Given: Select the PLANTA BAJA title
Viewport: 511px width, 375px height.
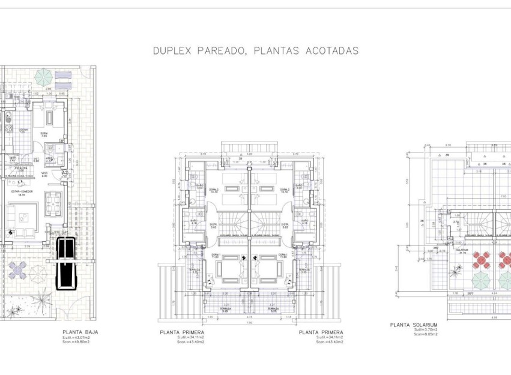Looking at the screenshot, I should (80, 332).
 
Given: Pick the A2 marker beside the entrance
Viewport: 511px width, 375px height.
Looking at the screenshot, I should (65, 173).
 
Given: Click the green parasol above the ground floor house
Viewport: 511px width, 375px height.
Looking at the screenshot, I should (43, 77).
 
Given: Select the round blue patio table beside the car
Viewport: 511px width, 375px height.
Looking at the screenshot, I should (19, 271).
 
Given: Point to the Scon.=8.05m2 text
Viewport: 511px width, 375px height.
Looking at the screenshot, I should (425, 334).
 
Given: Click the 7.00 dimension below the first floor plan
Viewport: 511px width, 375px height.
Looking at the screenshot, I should (249, 323).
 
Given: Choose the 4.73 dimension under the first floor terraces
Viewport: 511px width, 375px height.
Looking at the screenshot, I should (249, 316).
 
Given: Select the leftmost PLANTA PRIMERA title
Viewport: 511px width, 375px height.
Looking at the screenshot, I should (182, 332).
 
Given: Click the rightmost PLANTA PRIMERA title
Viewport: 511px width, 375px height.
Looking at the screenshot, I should (321, 332).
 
